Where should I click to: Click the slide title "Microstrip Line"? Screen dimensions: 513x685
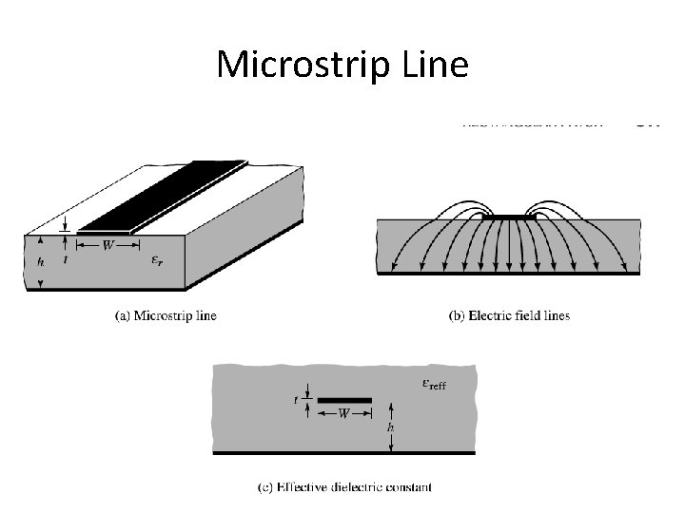(x=342, y=65)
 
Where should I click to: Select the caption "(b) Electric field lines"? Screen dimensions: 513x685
(x=509, y=315)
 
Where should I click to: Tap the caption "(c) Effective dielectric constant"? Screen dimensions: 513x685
(x=345, y=487)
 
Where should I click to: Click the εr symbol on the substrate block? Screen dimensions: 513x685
(x=157, y=259)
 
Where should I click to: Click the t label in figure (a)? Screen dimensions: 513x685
(x=64, y=257)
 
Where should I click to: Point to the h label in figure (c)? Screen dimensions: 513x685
(x=390, y=428)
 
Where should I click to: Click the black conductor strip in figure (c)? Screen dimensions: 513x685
(x=344, y=400)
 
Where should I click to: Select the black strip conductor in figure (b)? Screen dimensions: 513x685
(x=508, y=216)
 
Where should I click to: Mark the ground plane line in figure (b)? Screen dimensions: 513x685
(x=508, y=274)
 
